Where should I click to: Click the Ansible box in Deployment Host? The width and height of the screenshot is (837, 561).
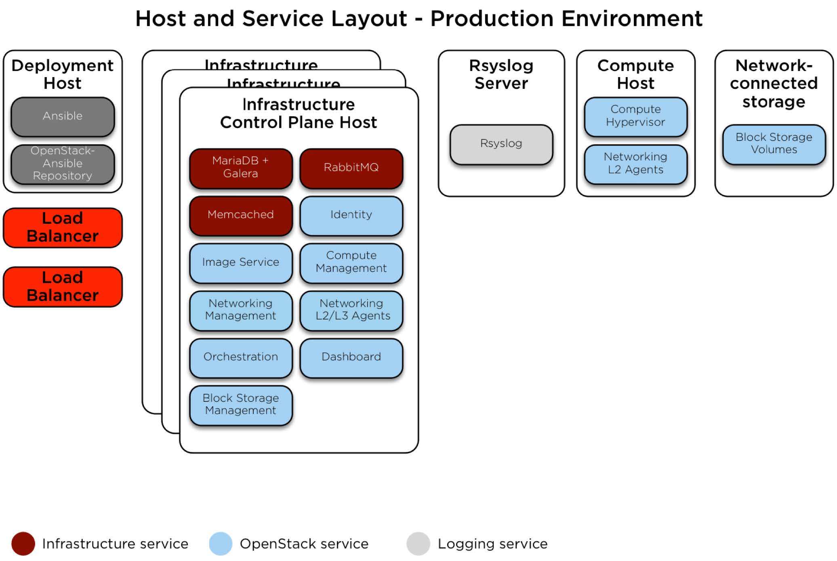[63, 116]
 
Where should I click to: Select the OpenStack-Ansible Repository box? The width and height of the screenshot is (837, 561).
[63, 164]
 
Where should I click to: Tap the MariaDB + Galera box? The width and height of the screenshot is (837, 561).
[241, 168]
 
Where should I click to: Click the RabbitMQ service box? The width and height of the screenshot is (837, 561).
[351, 168]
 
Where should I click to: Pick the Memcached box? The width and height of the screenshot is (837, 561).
[241, 215]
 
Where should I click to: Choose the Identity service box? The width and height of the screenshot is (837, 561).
[351, 215]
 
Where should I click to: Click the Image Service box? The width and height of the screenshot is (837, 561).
[241, 263]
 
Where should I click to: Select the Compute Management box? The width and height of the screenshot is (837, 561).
[351, 263]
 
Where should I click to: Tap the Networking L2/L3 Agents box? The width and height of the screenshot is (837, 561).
[351, 310]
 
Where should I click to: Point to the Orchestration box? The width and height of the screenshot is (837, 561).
[241, 357]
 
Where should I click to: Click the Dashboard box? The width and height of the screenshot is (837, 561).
[351, 357]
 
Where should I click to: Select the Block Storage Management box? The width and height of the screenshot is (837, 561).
[241, 405]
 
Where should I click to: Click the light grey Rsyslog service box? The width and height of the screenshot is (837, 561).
[501, 144]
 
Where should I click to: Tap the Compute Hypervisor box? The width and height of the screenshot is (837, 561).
[635, 116]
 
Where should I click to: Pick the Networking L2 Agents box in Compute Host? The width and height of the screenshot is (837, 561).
[635, 164]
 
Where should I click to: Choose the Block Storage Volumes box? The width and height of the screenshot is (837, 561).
[774, 144]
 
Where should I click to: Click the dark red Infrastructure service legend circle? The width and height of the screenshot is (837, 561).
[23, 544]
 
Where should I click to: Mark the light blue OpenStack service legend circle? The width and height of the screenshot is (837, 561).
[221, 544]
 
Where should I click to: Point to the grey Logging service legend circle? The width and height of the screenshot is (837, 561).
[418, 544]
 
